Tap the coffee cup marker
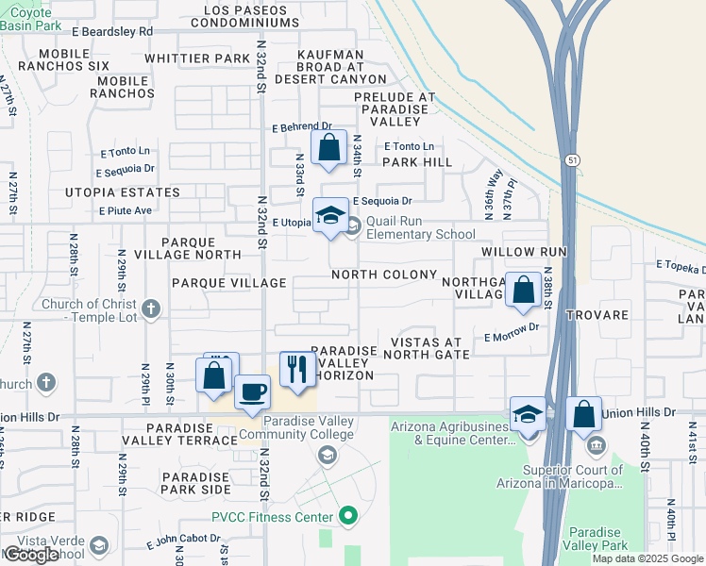click(251, 391)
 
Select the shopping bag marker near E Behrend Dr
click(328, 148)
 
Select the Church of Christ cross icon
click(151, 308)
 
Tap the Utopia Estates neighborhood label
click(122, 192)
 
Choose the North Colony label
click(384, 275)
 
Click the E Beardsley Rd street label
click(111, 31)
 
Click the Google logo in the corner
click(31, 555)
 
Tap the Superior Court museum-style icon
click(596, 445)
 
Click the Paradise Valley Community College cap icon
click(327, 456)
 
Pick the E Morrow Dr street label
click(511, 337)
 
